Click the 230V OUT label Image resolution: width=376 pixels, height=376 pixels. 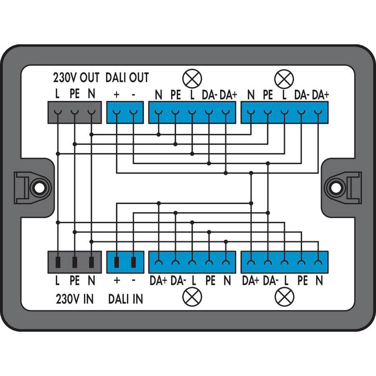[x=76, y=77]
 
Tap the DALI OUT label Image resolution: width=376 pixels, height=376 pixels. [x=127, y=77]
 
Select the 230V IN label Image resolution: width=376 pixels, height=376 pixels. [x=74, y=299]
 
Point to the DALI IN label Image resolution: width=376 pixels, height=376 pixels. [x=125, y=299]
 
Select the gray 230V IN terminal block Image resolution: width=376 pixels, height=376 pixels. [x=74, y=262]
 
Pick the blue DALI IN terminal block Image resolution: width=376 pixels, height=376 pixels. [x=125, y=262]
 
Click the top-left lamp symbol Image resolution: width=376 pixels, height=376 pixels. [x=193, y=78]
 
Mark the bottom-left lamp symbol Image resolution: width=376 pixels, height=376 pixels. [x=193, y=297]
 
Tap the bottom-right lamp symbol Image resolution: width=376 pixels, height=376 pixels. [x=285, y=297]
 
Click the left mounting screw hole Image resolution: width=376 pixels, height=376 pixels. [x=39, y=188]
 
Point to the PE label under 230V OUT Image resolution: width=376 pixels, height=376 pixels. [x=74, y=95]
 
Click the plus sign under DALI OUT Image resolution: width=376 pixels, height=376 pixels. [x=117, y=95]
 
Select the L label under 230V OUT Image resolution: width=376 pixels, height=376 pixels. [x=57, y=95]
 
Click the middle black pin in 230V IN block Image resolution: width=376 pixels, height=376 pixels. [x=74, y=262]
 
